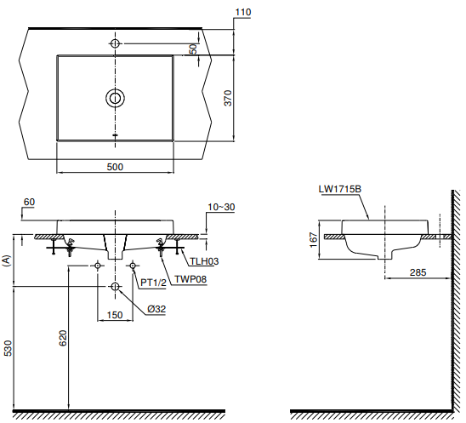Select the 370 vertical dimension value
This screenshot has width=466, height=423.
pos(227,99)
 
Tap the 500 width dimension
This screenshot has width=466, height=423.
pos(115,167)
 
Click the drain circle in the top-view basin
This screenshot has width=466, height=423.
pos(115,98)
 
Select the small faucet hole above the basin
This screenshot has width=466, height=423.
pos(115,43)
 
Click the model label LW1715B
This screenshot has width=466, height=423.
pos(342,189)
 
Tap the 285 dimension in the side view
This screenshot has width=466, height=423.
pos(418,272)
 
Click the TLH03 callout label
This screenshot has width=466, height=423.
pos(203,262)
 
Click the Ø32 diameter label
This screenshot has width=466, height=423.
pos(155,309)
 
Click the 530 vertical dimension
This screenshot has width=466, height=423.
pos(9,348)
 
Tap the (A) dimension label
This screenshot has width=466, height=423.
pos(8,261)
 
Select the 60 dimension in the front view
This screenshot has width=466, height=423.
pos(30,202)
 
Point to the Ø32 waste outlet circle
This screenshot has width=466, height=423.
pos(115,287)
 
